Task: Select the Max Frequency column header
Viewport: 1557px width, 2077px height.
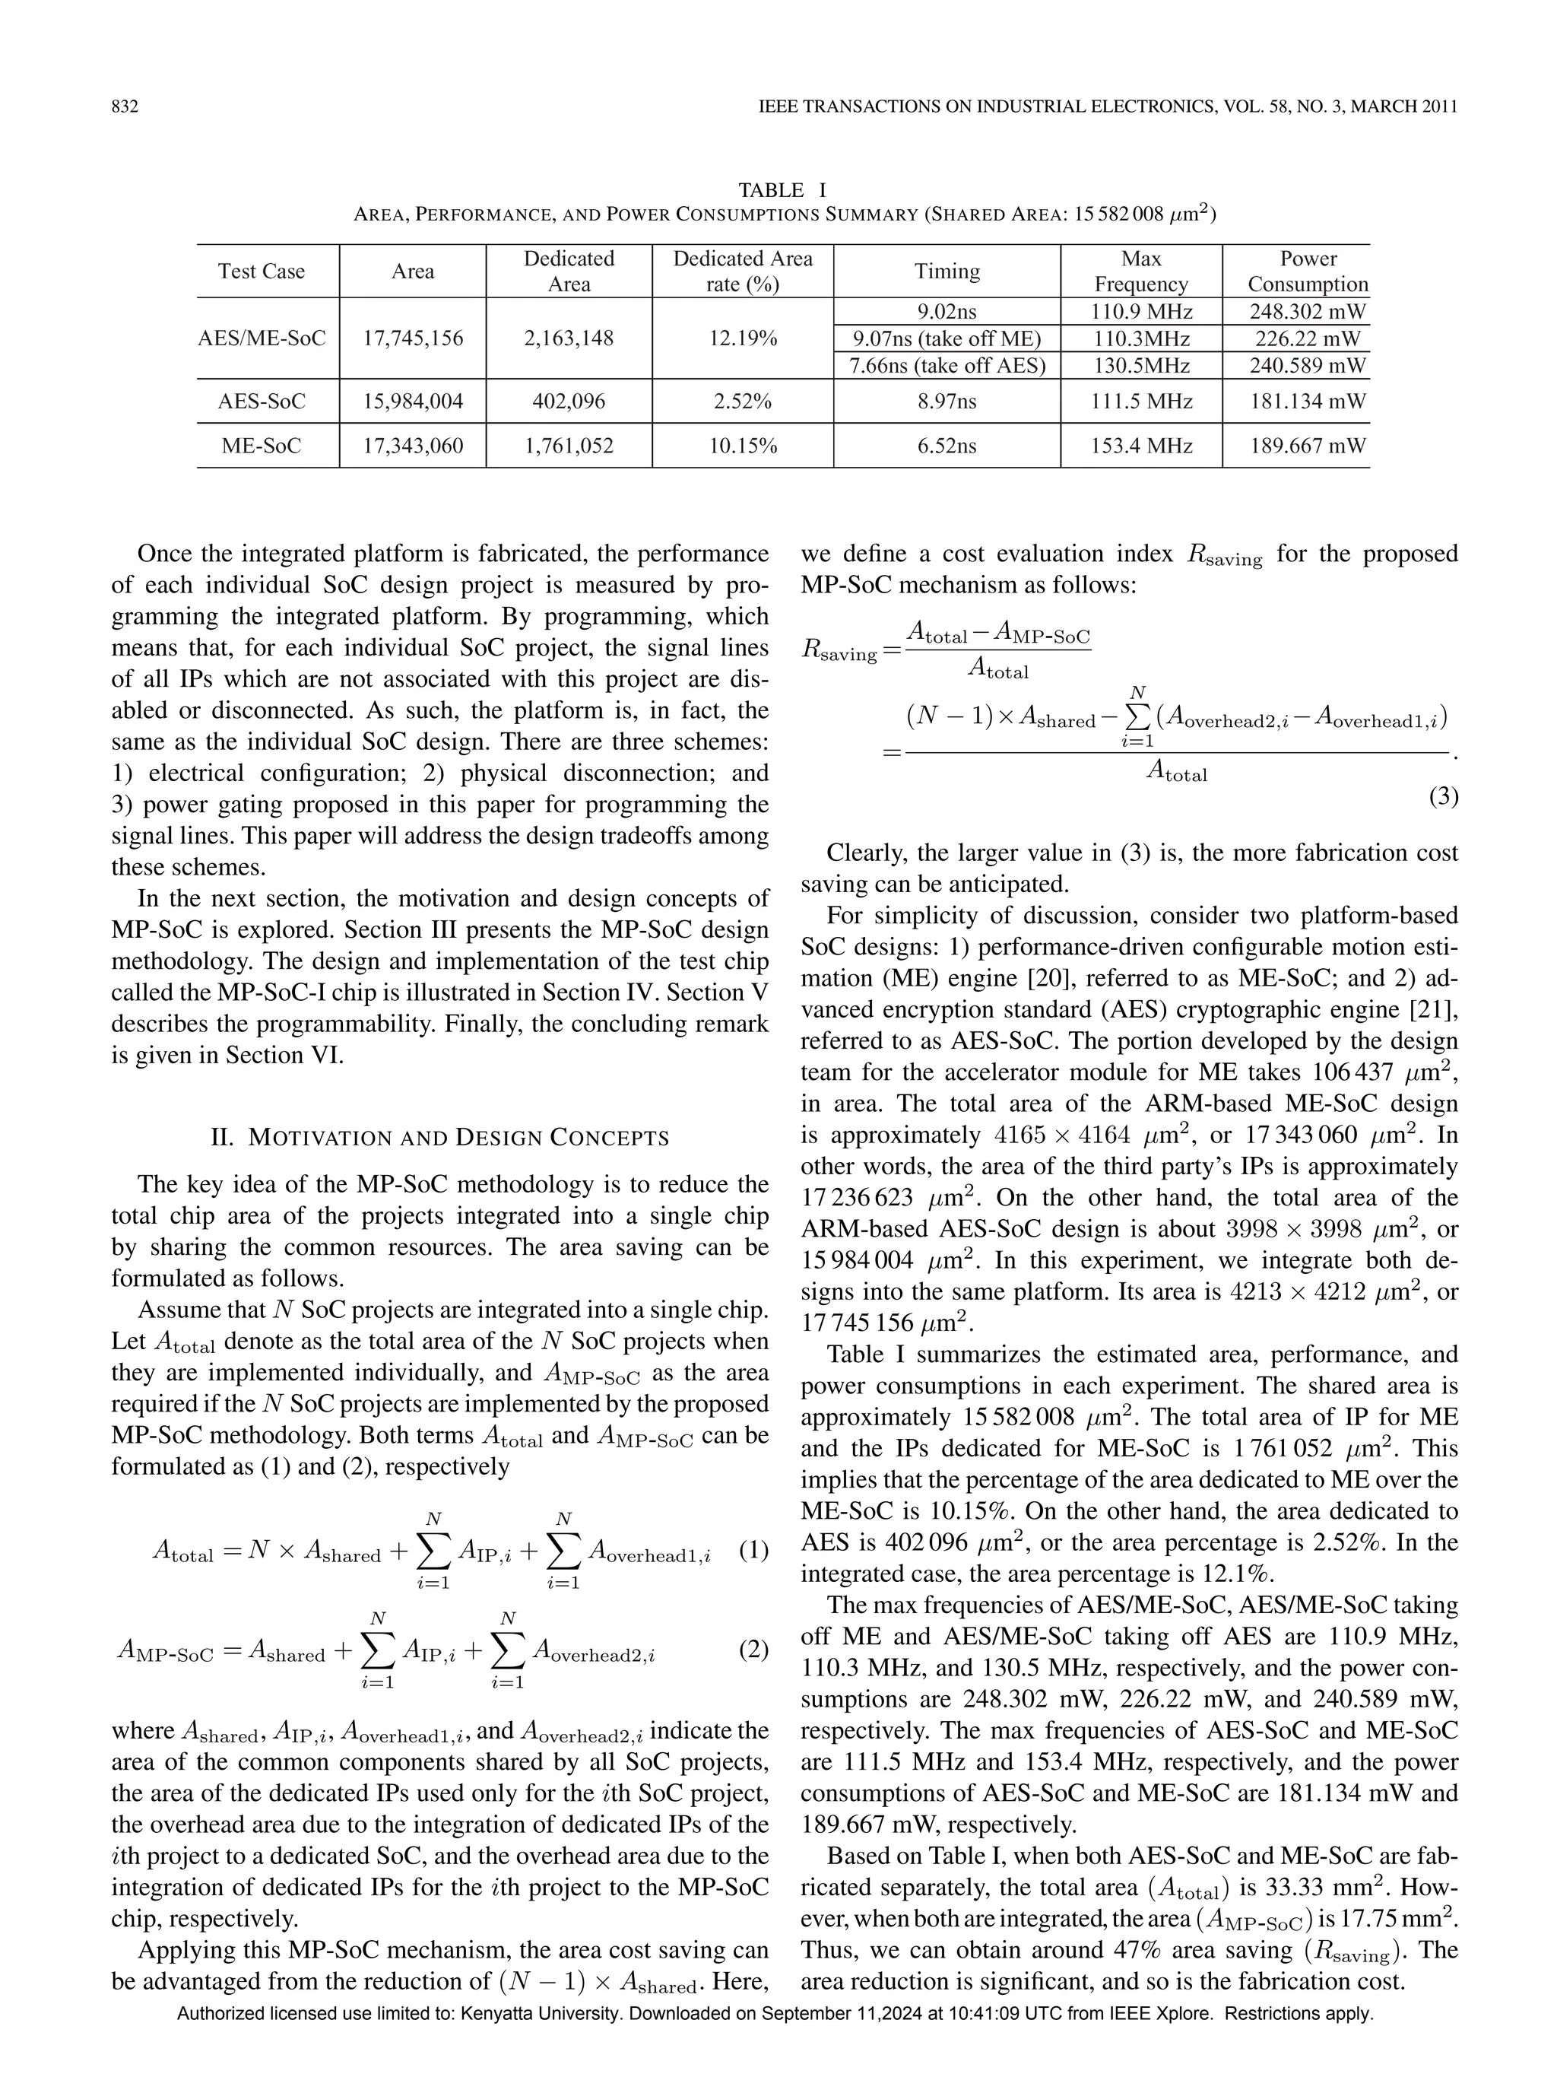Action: point(1140,272)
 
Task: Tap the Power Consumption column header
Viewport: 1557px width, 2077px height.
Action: point(1308,272)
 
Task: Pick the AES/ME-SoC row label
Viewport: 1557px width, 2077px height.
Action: point(262,338)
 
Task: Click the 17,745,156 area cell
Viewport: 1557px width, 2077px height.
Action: point(413,338)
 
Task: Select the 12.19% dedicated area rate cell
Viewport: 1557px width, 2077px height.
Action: point(742,338)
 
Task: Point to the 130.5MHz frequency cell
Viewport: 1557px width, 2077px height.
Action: point(1140,365)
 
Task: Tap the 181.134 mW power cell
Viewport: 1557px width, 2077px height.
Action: point(1308,402)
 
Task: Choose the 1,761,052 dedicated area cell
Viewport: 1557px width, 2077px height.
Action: point(569,446)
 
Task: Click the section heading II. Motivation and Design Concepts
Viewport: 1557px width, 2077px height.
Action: point(440,1138)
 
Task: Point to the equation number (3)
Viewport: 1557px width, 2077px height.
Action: point(1442,797)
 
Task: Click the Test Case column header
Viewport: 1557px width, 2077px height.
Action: point(262,272)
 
